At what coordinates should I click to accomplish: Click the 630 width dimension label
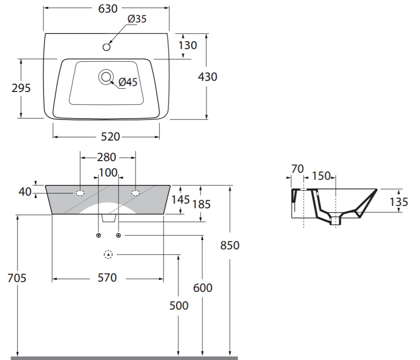pyautogui.click(x=108, y=8)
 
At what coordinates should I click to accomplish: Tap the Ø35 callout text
pyautogui.click(x=137, y=19)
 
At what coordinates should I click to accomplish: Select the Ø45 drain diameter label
pyautogui.click(x=128, y=82)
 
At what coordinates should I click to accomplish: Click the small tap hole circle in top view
pyautogui.click(x=106, y=47)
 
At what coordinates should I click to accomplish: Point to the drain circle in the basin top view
pyautogui.click(x=105, y=77)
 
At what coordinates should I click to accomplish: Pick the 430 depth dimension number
pyautogui.click(x=207, y=77)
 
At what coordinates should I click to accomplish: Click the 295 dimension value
pyautogui.click(x=21, y=88)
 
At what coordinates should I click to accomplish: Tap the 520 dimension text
pyautogui.click(x=110, y=137)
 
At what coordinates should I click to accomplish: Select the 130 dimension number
pyautogui.click(x=188, y=45)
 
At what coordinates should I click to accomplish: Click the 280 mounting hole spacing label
pyautogui.click(x=106, y=157)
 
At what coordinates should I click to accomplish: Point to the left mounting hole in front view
pyautogui.click(x=80, y=193)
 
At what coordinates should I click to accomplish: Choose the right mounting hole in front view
pyautogui.click(x=135, y=193)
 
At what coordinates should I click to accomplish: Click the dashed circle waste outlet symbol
pyautogui.click(x=108, y=254)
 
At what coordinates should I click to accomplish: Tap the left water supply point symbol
pyautogui.click(x=98, y=235)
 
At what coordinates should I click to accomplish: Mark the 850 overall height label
pyautogui.click(x=230, y=245)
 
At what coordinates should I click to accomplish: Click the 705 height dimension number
pyautogui.click(x=17, y=278)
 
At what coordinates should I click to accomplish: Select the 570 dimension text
pyautogui.click(x=107, y=278)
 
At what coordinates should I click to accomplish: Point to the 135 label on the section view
pyautogui.click(x=399, y=202)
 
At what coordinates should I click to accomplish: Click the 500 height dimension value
pyautogui.click(x=179, y=305)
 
